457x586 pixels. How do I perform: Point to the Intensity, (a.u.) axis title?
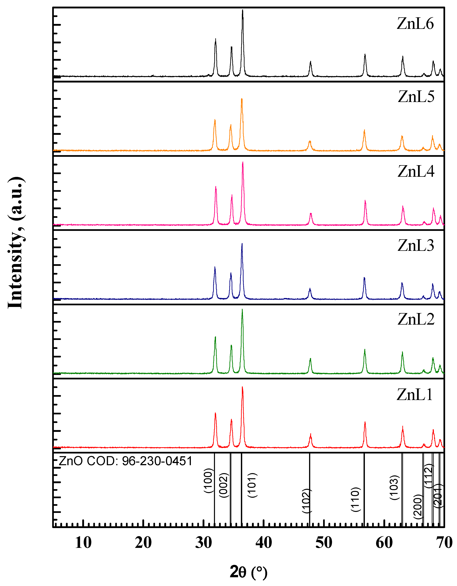click(15, 243)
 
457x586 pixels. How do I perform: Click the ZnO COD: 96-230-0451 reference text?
click(125, 461)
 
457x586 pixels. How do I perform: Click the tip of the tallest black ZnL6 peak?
click(243, 10)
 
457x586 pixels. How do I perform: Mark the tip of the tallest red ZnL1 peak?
click(243, 387)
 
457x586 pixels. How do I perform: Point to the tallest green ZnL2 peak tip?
click(242, 309)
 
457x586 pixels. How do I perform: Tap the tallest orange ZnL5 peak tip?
click(242, 99)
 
